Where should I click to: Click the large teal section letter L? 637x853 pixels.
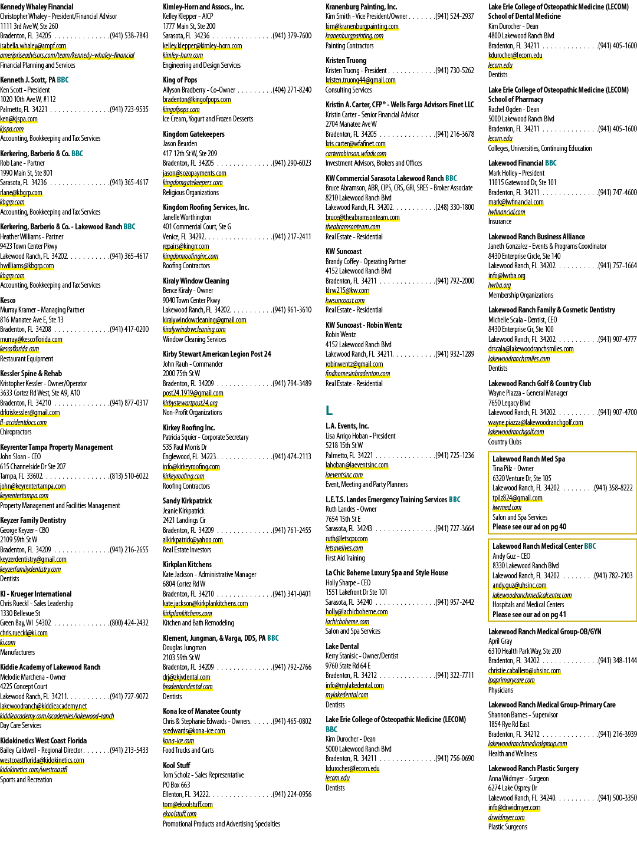pos(329,410)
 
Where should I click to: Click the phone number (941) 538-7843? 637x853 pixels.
pos(129,36)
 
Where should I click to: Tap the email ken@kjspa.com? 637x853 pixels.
pos(19,119)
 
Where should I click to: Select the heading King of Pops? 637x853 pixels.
pos(180,80)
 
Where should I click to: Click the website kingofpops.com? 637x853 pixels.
pos(181,109)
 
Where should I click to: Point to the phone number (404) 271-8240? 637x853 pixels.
pos(292,90)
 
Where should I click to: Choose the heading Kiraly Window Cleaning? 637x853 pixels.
pos(196,281)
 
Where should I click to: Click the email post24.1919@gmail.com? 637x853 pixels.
pos(193,393)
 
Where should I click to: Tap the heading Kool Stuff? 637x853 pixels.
pos(176,765)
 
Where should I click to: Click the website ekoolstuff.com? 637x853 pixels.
pos(179,814)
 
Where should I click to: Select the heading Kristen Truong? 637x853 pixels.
pos(346,61)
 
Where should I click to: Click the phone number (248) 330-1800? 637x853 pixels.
pos(455,207)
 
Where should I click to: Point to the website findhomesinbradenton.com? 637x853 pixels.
pos(357,374)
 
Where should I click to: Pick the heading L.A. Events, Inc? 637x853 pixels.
pos(347,426)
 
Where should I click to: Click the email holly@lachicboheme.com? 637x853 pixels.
pos(356,612)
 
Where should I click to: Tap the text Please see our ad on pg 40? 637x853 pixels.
pos(529,527)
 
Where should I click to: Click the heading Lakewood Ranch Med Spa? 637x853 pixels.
pos(528,459)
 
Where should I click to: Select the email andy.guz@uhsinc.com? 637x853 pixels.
pos(519,585)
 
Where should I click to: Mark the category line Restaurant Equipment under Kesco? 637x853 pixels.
pos(27,358)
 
